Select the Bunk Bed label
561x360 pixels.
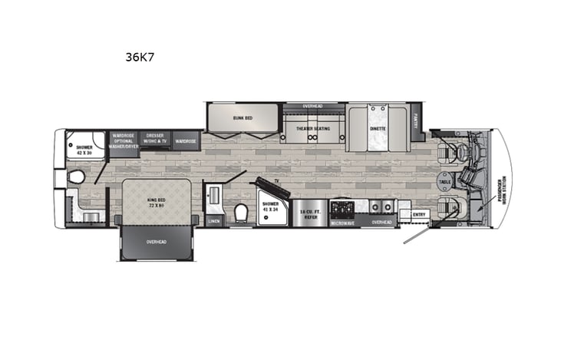(243, 118)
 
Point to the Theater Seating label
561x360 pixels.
(313, 129)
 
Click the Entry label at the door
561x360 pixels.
(419, 214)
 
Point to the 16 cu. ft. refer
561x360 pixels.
(309, 216)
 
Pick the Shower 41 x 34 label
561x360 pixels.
(269, 208)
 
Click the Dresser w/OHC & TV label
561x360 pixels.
(155, 140)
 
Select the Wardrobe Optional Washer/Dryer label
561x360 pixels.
(124, 140)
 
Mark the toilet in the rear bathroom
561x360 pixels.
(76, 178)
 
